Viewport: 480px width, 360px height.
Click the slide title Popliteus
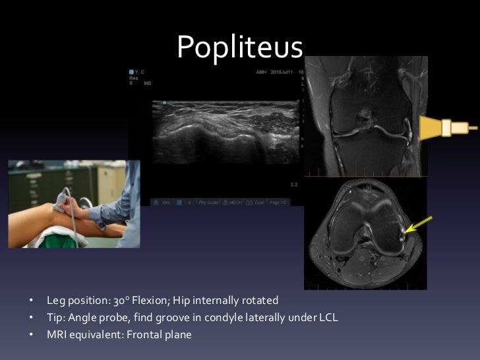(x=239, y=46)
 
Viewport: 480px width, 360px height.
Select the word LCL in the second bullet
(x=327, y=318)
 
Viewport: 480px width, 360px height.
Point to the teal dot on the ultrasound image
(x=164, y=103)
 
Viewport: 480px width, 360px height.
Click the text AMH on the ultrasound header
(x=261, y=71)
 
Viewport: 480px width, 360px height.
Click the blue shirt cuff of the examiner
(x=99, y=214)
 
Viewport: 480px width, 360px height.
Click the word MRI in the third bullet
(x=57, y=334)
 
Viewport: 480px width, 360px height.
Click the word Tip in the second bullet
(x=55, y=318)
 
